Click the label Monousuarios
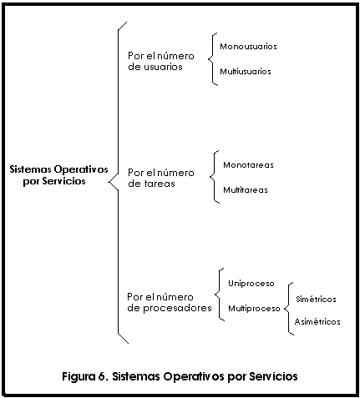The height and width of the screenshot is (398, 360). [248, 46]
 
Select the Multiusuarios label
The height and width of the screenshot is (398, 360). [246, 71]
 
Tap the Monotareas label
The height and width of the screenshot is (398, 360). [248, 164]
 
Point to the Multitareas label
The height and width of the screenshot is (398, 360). [246, 190]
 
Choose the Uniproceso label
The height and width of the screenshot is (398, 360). [251, 284]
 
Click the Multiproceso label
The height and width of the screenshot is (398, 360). [254, 309]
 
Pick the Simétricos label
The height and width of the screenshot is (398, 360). [316, 299]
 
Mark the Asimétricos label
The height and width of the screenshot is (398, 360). [317, 321]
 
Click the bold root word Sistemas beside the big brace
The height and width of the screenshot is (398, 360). [30, 169]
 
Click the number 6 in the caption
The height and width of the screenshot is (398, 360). [101, 376]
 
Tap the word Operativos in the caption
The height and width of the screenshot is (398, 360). [194, 376]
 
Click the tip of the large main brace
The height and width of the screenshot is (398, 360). [108, 183]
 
